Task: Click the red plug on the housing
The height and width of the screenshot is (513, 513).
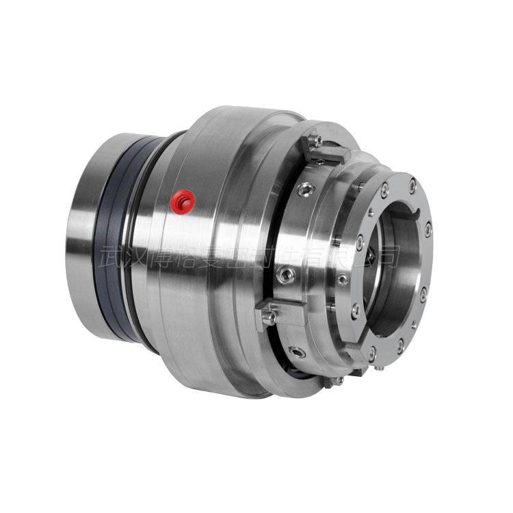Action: (x=183, y=200)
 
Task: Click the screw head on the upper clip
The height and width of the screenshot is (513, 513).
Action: (x=314, y=140)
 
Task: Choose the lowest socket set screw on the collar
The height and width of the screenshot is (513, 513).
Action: (x=297, y=350)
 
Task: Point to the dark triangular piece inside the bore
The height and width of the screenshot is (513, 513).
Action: (x=368, y=254)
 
